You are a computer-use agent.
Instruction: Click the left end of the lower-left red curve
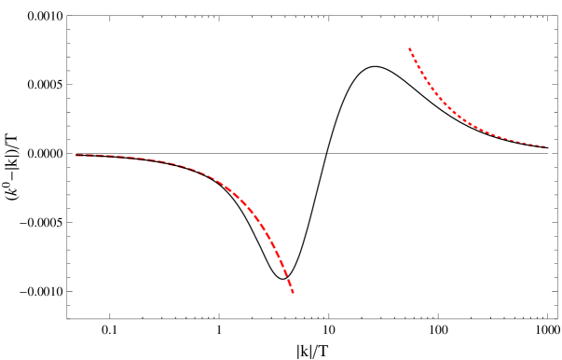[x=76, y=155]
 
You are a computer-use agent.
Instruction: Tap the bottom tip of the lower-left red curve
[x=293, y=292]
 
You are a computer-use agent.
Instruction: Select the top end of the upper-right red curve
[x=409, y=48]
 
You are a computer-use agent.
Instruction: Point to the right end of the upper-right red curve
[x=544, y=146]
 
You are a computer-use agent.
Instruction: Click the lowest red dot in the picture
[x=293, y=292]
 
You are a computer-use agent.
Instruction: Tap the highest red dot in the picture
[x=409, y=48]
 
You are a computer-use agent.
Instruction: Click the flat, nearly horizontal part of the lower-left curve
[x=130, y=158]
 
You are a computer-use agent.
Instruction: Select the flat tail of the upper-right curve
[x=517, y=141]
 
